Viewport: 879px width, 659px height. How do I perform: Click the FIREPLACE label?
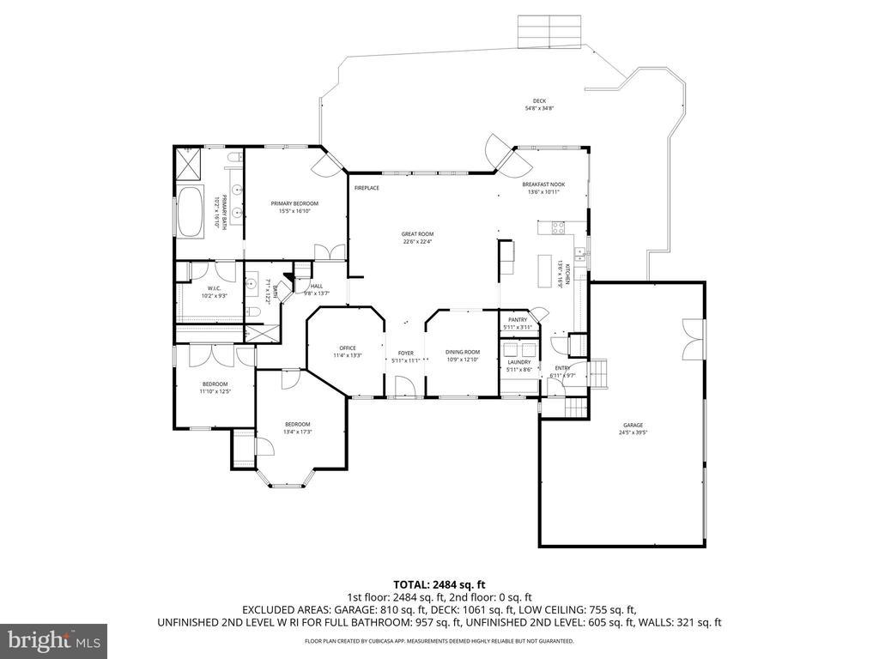coord(367,188)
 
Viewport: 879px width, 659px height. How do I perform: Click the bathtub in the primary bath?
coord(191,210)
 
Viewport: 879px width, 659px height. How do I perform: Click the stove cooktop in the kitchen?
coord(555,229)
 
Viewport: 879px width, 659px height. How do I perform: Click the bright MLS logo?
coord(52,640)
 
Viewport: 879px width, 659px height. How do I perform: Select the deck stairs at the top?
coord(549,32)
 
